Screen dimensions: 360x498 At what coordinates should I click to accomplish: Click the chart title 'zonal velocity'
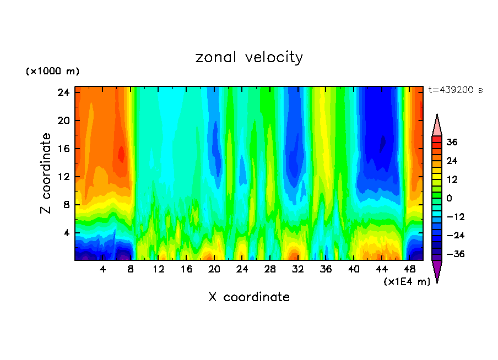tap(249, 57)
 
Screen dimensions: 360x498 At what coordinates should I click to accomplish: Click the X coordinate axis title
tap(249, 297)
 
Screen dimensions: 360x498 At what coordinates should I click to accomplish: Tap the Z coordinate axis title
tap(46, 173)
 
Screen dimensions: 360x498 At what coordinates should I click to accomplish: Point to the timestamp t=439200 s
tap(455, 90)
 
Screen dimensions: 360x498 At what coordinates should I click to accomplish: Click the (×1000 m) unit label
tap(53, 72)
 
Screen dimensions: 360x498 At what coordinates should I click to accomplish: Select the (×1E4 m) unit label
tap(407, 282)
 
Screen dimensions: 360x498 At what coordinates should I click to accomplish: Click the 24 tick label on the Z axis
tap(64, 92)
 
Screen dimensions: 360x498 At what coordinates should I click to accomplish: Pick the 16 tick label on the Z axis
tap(64, 149)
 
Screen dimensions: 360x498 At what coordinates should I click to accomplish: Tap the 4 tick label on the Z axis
tap(67, 233)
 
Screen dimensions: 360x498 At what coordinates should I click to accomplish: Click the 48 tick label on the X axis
tap(409, 270)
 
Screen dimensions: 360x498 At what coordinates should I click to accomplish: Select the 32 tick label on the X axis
tap(298, 270)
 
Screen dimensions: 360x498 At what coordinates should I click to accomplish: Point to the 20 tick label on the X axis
tap(214, 270)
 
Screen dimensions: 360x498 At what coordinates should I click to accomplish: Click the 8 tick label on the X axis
tap(131, 270)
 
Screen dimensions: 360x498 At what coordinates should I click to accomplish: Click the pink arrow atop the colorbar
tap(437, 126)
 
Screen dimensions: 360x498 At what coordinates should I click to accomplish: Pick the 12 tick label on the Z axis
tap(64, 177)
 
